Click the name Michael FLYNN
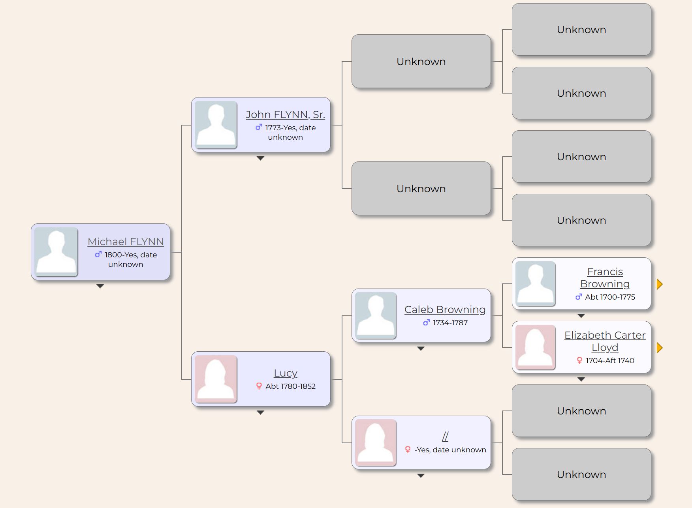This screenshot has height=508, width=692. (x=126, y=242)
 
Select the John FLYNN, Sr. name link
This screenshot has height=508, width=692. (x=285, y=114)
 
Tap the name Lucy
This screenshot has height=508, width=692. (x=286, y=373)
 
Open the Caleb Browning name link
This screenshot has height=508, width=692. (x=445, y=309)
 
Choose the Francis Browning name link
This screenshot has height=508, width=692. (x=605, y=277)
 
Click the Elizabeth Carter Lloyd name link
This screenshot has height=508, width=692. (x=605, y=341)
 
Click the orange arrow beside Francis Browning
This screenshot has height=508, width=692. (x=659, y=284)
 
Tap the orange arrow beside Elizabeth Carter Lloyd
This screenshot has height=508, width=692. (x=659, y=348)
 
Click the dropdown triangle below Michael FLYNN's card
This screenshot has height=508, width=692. (x=100, y=286)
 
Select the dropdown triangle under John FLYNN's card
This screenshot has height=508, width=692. (x=260, y=158)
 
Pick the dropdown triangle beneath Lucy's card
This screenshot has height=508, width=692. (x=260, y=412)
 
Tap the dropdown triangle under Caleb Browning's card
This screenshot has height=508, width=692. (x=421, y=349)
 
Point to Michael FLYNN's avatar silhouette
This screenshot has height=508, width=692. (x=56, y=252)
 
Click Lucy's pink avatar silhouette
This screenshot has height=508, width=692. (x=216, y=379)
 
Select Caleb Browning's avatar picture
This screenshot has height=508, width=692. (x=376, y=315)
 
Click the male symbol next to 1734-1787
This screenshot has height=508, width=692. (x=426, y=322)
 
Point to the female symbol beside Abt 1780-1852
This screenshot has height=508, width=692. (x=259, y=386)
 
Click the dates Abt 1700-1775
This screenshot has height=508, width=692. (x=610, y=297)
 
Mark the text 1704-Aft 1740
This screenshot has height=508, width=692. (x=610, y=360)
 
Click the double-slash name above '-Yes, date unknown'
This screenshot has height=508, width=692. (x=445, y=437)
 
